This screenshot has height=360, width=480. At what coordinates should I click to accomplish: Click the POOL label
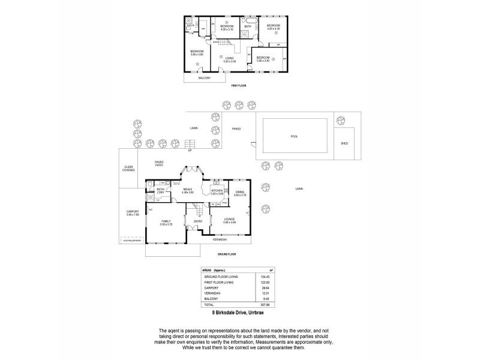pyautogui.click(x=294, y=136)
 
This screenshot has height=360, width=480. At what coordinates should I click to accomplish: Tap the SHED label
pyautogui.click(x=344, y=144)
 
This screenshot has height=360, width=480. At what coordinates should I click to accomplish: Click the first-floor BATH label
pyautogui.click(x=248, y=26)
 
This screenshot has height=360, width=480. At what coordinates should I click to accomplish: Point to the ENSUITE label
pyautogui.click(x=190, y=26)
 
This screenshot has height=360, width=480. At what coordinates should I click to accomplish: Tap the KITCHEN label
pyautogui.click(x=218, y=190)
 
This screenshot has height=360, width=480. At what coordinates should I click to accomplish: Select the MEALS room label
pyautogui.click(x=188, y=190)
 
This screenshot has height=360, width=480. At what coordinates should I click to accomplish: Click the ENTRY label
pyautogui.click(x=198, y=221)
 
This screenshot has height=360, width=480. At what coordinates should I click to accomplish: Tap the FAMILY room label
pyautogui.click(x=166, y=222)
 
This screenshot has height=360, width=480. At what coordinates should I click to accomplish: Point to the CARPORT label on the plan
pyautogui.click(x=133, y=212)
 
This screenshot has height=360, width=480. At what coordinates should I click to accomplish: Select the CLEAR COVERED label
pyautogui.click(x=128, y=169)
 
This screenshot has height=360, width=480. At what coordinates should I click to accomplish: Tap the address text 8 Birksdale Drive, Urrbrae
pyautogui.click(x=239, y=313)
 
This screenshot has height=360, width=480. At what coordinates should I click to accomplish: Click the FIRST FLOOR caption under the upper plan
pyautogui.click(x=239, y=86)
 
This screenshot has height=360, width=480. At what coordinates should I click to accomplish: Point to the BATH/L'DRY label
pyautogui.click(x=161, y=191)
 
